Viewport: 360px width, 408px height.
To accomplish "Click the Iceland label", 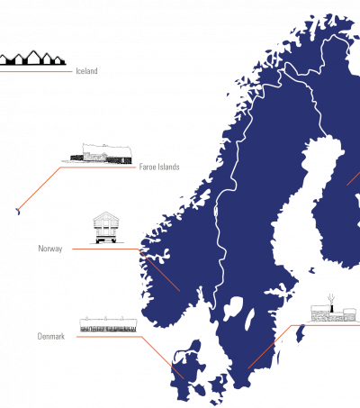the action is (86, 71).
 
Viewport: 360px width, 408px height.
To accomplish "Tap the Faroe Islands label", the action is (159, 167).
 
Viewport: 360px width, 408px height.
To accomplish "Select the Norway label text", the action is (50, 249).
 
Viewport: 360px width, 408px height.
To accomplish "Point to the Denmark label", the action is (51, 336).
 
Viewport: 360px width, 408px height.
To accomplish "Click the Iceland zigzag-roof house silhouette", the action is (32, 58).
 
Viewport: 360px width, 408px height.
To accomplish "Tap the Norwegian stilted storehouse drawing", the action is (106, 228).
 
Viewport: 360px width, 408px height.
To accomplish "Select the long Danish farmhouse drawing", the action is (108, 325).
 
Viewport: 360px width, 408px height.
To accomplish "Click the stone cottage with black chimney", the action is (333, 313).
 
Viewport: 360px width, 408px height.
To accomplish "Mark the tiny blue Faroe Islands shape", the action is (18, 211).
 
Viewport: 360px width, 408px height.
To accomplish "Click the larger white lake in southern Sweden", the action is (233, 307).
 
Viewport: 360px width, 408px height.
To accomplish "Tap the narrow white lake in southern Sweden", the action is (249, 319).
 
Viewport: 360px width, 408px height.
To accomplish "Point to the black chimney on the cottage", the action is (331, 308).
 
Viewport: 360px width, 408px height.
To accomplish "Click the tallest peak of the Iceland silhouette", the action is (31, 51).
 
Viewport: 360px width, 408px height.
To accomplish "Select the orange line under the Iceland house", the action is (36, 72).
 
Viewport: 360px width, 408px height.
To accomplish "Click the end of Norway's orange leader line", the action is (180, 291).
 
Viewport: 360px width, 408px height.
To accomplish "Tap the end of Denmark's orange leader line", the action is (184, 378).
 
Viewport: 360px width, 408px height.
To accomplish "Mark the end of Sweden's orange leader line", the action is (248, 368).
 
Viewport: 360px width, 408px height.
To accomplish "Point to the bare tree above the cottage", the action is (331, 299).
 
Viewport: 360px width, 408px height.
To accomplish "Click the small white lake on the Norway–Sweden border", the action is (215, 212).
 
